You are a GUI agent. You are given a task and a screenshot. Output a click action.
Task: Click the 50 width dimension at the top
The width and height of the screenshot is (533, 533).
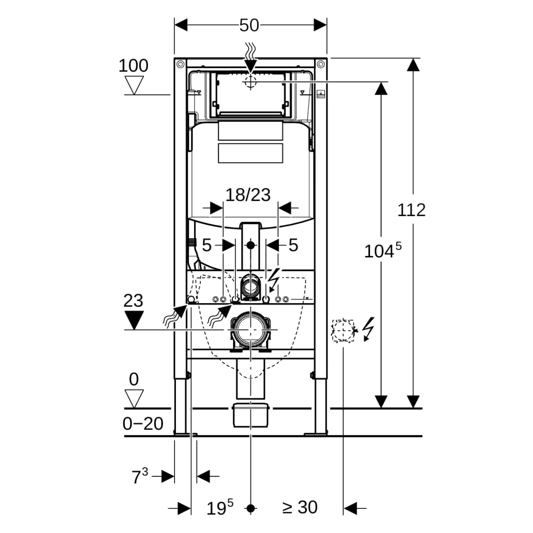tap(249, 25)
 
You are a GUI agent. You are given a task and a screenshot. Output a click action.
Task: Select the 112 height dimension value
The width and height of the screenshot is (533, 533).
tap(412, 210)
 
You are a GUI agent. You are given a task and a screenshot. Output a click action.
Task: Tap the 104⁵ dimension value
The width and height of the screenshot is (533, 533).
tap(382, 251)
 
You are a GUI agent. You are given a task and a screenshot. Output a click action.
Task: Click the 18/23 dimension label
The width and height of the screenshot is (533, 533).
tap(248, 194)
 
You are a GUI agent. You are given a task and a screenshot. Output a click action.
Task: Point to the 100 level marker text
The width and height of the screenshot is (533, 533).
tap(133, 66)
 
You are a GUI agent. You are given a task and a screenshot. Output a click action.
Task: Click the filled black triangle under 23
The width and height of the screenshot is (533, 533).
tap(133, 321)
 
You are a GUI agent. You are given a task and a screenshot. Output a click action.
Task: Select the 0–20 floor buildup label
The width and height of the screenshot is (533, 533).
tap(143, 424)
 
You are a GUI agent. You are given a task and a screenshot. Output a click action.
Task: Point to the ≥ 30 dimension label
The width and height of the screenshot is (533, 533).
tap(300, 507)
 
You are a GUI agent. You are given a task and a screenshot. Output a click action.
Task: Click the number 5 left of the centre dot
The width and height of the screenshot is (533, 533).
tap(207, 245)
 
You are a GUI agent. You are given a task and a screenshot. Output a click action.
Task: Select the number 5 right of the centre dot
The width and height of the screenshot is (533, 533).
tap(294, 245)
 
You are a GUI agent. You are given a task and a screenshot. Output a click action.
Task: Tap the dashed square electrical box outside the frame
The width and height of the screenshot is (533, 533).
tap(343, 331)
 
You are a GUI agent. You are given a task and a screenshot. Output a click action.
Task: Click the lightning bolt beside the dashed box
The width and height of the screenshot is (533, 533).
tap(368, 328)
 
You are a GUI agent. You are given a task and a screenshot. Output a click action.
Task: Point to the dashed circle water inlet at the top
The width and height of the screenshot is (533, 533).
tap(250, 82)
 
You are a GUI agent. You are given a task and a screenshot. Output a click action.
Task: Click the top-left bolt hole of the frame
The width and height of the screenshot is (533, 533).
tap(180, 64)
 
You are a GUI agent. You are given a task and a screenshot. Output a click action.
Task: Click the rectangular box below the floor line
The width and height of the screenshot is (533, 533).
tap(251, 415)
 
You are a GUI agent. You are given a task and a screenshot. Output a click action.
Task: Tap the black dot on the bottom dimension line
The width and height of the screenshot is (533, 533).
tap(250, 508)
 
